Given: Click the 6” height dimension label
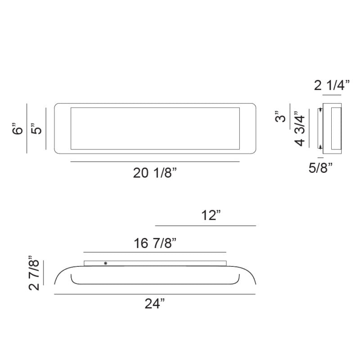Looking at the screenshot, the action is [x=18, y=129].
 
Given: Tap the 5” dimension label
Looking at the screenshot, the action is [x=36, y=129].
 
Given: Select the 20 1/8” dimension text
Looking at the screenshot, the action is [x=155, y=173].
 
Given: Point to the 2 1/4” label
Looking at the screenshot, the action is [x=332, y=85].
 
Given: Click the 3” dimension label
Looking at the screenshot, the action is [x=280, y=117].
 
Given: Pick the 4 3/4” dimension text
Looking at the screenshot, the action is [x=300, y=129].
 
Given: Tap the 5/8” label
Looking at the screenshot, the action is [x=320, y=167].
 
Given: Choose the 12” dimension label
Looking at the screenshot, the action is [x=211, y=215].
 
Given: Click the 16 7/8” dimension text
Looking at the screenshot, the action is [x=155, y=243].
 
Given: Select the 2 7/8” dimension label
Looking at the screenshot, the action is [x=34, y=273].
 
